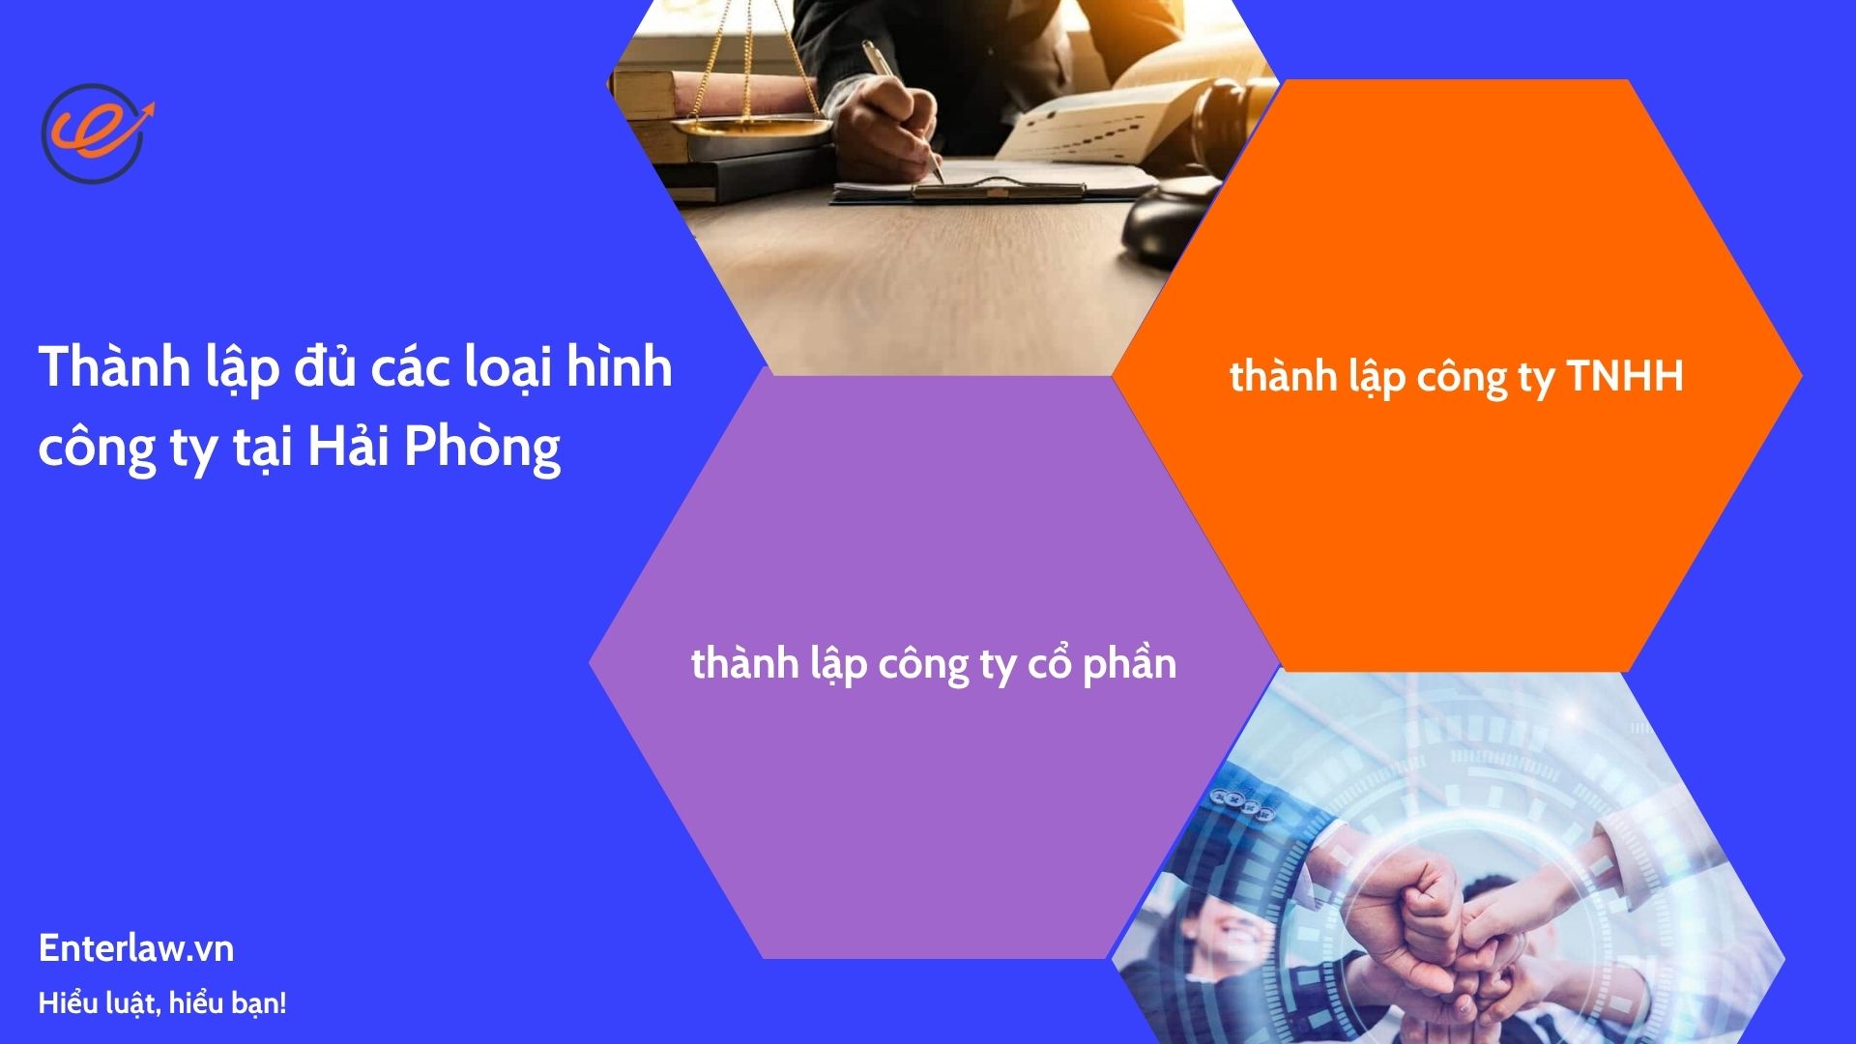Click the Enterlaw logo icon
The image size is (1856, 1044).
click(x=95, y=131)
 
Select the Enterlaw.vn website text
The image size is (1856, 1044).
click(x=136, y=948)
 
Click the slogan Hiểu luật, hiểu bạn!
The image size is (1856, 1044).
click(x=162, y=1003)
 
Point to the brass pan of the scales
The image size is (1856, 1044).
click(x=751, y=127)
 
